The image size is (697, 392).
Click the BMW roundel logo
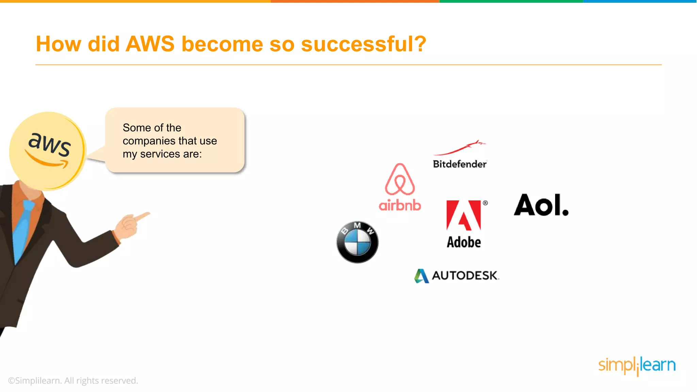click(357, 242)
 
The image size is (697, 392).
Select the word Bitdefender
click(459, 164)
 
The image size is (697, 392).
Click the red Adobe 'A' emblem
click(463, 215)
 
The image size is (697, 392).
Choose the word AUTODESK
click(465, 275)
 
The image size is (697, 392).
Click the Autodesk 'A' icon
click(421, 276)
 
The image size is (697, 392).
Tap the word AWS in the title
click(150, 44)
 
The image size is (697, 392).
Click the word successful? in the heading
click(363, 44)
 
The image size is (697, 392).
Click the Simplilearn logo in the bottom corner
click(637, 365)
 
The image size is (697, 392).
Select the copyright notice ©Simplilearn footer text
click(73, 380)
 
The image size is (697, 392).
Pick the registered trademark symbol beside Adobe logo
click(485, 203)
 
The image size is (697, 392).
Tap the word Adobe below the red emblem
click(464, 242)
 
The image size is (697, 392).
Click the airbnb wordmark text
click(400, 206)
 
